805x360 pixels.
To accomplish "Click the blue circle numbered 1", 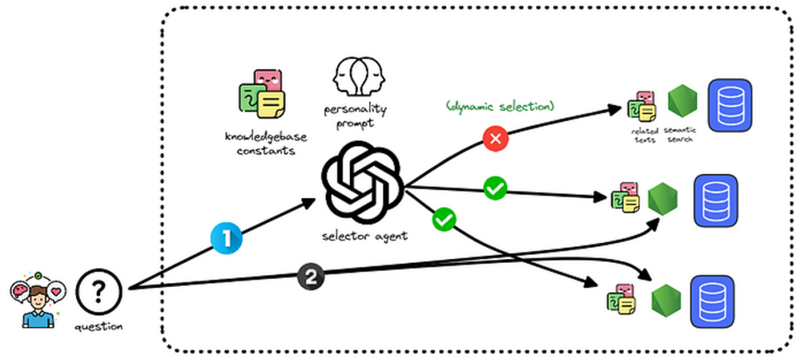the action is point(227,239).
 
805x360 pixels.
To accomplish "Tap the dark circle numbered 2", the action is point(311,278).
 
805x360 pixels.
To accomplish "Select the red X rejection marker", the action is point(496,139).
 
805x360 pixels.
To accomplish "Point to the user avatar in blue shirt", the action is point(38,300).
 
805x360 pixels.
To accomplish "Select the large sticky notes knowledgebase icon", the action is point(262,95).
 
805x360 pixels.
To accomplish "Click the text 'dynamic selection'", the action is point(500,107).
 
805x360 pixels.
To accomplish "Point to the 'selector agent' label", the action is point(364,236).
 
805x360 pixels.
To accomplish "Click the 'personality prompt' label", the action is point(356,117).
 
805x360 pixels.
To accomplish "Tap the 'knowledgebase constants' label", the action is point(260,143).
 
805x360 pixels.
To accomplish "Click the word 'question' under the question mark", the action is point(98,326).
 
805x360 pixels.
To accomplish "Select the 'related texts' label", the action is point(644,136).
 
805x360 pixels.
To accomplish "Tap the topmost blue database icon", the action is point(730,105).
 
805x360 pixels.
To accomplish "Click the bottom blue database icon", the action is point(713,301).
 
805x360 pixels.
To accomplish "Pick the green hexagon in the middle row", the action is point(663,199).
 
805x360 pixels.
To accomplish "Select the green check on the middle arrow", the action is point(496,188).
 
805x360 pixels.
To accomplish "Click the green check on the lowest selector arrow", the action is point(444,220).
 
